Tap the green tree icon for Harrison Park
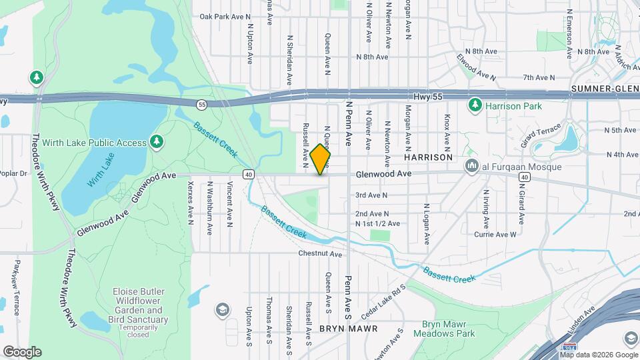(475, 105)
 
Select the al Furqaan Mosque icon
(472, 167)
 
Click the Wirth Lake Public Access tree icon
(156, 142)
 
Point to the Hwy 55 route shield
(201, 104)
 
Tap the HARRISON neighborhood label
(428, 157)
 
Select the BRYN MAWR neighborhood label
(348, 329)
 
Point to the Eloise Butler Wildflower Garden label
(140, 311)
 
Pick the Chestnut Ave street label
(320, 254)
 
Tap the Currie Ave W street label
(495, 235)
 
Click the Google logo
(21, 352)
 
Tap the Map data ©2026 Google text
(599, 355)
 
